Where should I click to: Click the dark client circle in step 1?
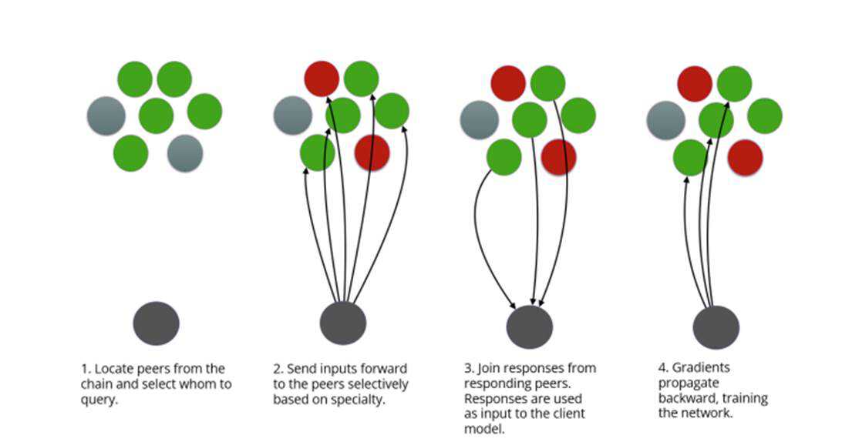157,323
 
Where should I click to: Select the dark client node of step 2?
343,323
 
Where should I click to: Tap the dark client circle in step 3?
530,326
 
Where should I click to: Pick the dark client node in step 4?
716,327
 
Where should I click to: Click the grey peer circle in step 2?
293,116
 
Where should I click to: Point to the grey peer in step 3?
480,120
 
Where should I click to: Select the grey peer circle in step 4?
666,121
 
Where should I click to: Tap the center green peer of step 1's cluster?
157,116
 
